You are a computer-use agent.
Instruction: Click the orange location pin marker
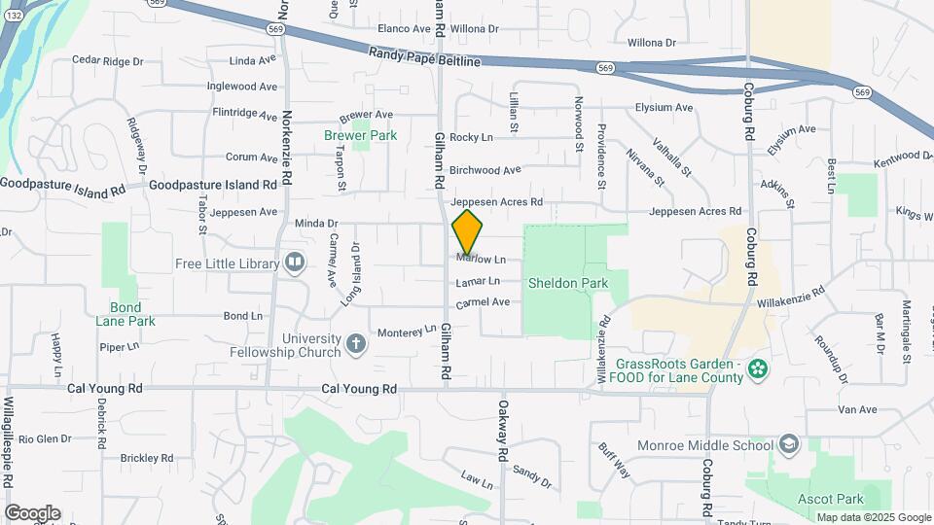pos(468,231)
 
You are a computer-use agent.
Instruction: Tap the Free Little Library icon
pos(294,262)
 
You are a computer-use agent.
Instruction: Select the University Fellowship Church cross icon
pos(357,343)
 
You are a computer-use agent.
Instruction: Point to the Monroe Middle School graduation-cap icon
pos(788,445)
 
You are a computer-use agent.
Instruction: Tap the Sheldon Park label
pos(568,284)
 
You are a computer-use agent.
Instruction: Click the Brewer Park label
pos(360,136)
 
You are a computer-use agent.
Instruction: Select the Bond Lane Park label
pos(126,314)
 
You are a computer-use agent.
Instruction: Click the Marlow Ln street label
pos(482,260)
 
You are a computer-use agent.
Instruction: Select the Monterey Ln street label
pos(406,331)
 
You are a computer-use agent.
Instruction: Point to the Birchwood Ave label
pos(485,170)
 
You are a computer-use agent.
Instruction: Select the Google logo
pos(32,512)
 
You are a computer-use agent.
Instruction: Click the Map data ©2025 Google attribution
pos(873,517)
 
